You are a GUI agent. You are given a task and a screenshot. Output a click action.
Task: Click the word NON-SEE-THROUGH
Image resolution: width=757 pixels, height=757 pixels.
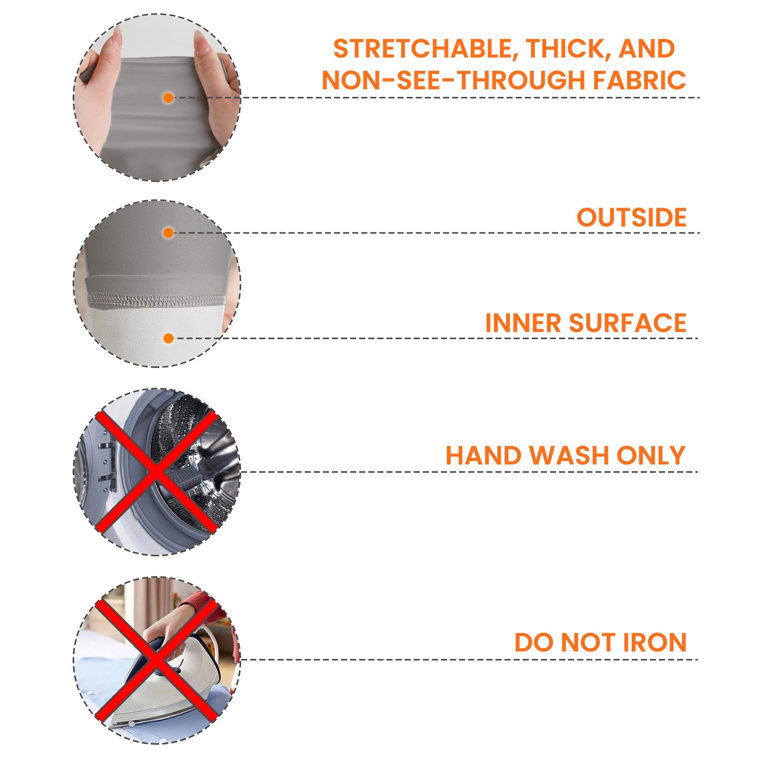coord(453,80)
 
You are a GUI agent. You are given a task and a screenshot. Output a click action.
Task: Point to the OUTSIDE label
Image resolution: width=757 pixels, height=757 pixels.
coord(631,217)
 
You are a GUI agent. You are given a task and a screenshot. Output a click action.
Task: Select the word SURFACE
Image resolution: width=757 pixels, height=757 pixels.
coord(628,323)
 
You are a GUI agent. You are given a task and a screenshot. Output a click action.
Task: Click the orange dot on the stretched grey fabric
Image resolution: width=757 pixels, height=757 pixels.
coord(169,98)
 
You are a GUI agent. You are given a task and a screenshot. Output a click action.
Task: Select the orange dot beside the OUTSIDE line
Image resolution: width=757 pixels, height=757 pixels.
coord(169,233)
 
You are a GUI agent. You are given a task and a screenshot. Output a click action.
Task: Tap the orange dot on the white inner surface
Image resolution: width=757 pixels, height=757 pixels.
coord(169,338)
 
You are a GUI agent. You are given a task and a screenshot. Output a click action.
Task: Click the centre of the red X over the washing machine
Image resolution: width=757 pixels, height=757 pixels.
coord(156,471)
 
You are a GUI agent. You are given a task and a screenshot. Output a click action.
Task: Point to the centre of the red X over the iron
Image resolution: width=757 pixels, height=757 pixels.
coord(156,660)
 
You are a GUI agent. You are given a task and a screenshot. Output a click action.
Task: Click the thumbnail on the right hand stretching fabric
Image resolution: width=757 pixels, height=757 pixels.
coord(201,42)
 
